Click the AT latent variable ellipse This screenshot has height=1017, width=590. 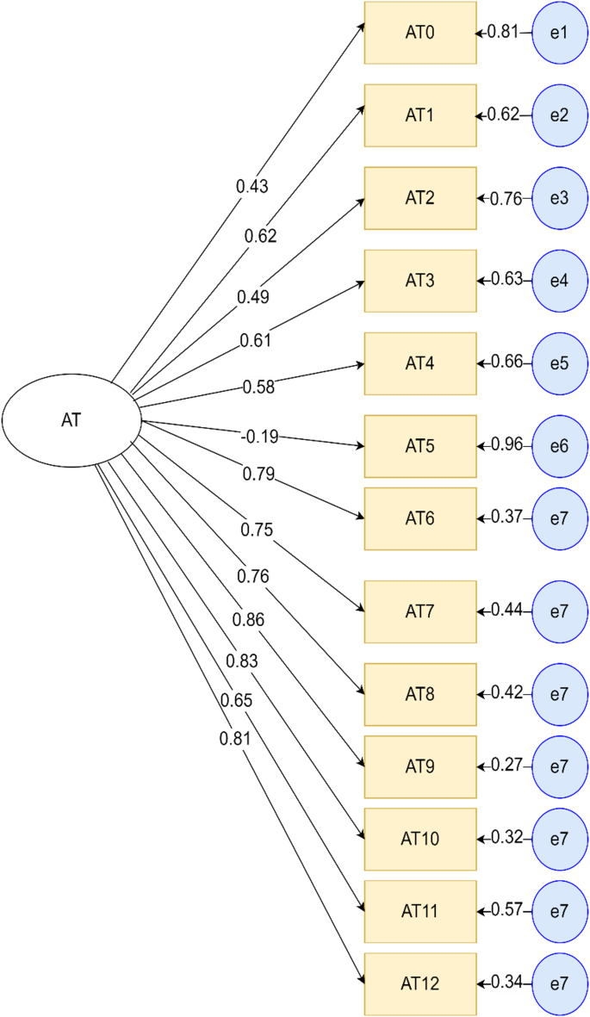[71, 419]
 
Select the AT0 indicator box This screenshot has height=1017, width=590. [420, 33]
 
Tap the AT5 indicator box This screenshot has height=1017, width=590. [420, 446]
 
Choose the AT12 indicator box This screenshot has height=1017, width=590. [420, 983]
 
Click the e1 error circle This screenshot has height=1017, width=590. [559, 33]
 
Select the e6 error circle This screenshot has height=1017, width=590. [559, 446]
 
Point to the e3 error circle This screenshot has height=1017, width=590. [559, 198]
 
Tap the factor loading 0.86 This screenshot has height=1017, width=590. [247, 619]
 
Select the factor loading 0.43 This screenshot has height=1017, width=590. [252, 186]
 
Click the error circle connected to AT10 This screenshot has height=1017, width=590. [559, 839]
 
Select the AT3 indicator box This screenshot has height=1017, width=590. [420, 281]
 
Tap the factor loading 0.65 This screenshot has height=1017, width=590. [236, 700]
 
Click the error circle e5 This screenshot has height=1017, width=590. [559, 363]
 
